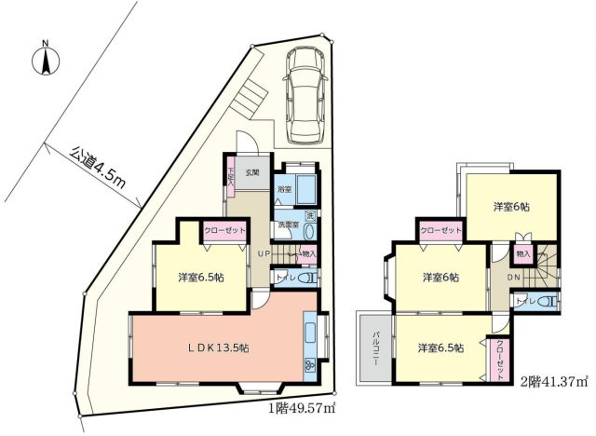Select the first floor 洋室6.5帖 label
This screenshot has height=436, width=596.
199,276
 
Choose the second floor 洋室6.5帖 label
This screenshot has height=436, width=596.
438,350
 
